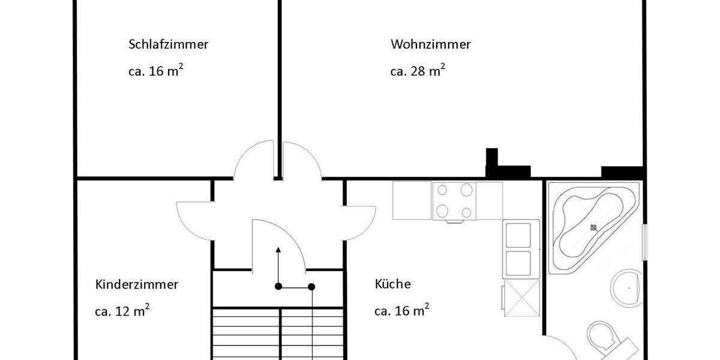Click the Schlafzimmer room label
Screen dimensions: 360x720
[168, 44]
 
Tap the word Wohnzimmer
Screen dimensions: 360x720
[430, 44]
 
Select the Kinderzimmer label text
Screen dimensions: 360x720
[137, 284]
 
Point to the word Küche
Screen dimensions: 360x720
[393, 284]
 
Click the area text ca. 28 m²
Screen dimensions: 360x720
[417, 71]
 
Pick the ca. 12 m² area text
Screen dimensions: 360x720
[122, 311]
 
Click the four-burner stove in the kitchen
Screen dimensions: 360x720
[454, 201]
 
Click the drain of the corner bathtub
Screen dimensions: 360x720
[593, 227]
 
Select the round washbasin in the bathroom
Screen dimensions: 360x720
[627, 288]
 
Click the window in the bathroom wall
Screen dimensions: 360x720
[645, 242]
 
